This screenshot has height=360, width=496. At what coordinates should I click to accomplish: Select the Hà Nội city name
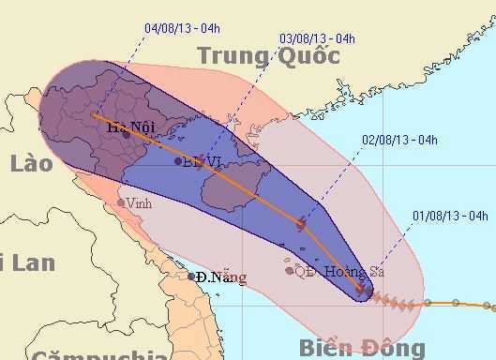coord(130,129)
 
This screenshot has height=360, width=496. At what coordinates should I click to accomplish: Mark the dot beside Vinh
coord(120,202)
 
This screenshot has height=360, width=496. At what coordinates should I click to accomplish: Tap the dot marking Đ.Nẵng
coord(191,276)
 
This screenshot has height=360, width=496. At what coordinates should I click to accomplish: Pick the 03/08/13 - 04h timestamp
coord(317,38)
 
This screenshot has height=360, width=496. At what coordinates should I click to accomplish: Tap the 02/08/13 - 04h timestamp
coord(400,141)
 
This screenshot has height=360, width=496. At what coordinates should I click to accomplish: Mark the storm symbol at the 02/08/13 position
coord(301,223)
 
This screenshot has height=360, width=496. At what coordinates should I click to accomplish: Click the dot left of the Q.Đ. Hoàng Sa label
coord(289,271)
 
